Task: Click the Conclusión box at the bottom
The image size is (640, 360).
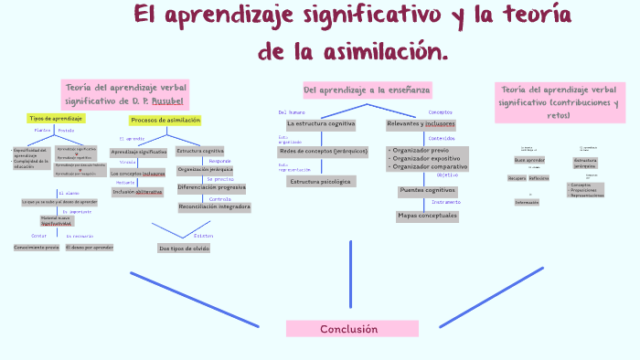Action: click(348, 329)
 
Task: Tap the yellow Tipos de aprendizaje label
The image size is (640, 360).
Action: click(57, 119)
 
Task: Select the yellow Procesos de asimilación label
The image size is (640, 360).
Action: click(165, 121)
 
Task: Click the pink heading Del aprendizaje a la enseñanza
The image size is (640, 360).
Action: click(367, 90)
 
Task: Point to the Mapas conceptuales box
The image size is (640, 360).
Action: click(427, 217)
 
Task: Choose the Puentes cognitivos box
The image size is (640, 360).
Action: click(427, 191)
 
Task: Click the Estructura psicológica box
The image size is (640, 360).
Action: click(321, 182)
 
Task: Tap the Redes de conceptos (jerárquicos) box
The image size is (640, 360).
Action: click(324, 150)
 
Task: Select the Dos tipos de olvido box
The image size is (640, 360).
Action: click(184, 248)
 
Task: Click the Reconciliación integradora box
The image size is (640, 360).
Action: click(214, 206)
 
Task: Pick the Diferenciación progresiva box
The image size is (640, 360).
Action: click(211, 187)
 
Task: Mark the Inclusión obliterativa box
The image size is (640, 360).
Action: click(137, 192)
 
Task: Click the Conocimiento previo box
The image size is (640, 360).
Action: click(36, 248)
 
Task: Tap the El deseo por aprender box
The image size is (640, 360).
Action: click(90, 248)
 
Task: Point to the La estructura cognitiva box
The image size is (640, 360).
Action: click(321, 123)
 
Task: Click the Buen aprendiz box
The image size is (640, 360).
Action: click(529, 160)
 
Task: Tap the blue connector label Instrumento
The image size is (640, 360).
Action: click(446, 201)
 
